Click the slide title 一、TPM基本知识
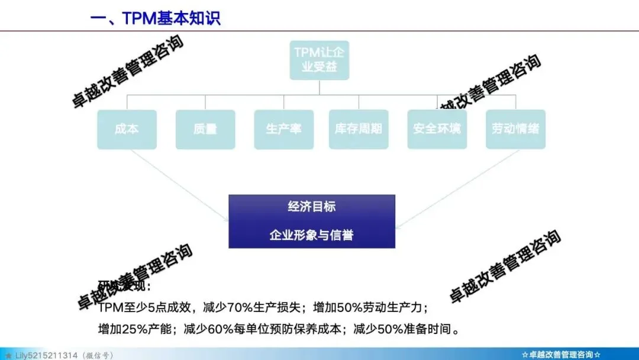(155, 18)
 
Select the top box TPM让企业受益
(319, 59)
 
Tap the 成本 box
(127, 129)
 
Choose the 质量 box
(205, 129)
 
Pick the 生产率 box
(283, 129)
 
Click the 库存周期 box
(359, 129)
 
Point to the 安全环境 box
(437, 129)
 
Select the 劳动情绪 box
(515, 129)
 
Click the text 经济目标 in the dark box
(312, 207)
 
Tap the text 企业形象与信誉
(312, 235)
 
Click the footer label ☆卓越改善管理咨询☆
(561, 355)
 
